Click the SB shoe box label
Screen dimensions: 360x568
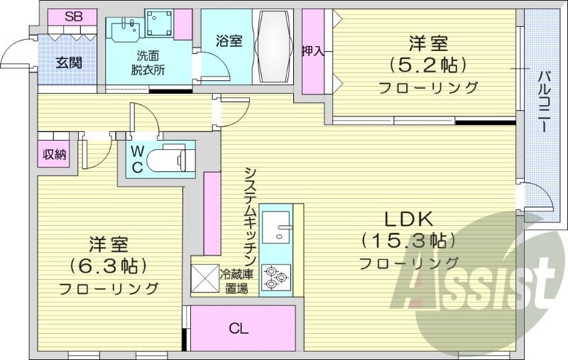tap(72, 16)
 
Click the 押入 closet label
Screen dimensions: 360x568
tap(312, 51)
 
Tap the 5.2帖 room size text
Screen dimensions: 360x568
tap(427, 65)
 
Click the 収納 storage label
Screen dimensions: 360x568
tap(53, 154)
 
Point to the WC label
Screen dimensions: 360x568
tap(138, 158)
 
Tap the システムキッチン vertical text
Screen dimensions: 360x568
tap(251, 216)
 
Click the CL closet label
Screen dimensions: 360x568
tap(239, 328)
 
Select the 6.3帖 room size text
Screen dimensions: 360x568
tap(108, 266)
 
